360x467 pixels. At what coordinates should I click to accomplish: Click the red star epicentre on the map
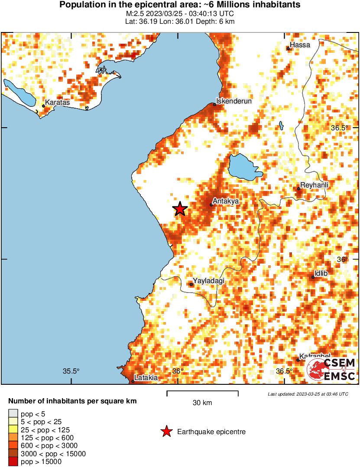tap(180, 209)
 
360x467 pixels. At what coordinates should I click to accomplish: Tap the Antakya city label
tap(226, 201)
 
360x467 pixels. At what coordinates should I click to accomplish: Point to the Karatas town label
tap(57, 103)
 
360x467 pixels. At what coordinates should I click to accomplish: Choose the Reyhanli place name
tap(315, 185)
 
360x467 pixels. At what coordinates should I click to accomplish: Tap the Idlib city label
tap(321, 274)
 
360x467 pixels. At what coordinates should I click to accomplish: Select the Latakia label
tap(146, 378)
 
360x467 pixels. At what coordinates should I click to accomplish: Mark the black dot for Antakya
tap(211, 205)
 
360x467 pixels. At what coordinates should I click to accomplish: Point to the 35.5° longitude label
tap(71, 371)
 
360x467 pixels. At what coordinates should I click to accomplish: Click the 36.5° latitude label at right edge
tap(340, 128)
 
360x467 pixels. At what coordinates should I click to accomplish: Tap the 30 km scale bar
tap(202, 393)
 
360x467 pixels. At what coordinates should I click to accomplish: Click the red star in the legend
tap(165, 432)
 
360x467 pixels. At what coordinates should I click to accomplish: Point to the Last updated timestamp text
tap(308, 394)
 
